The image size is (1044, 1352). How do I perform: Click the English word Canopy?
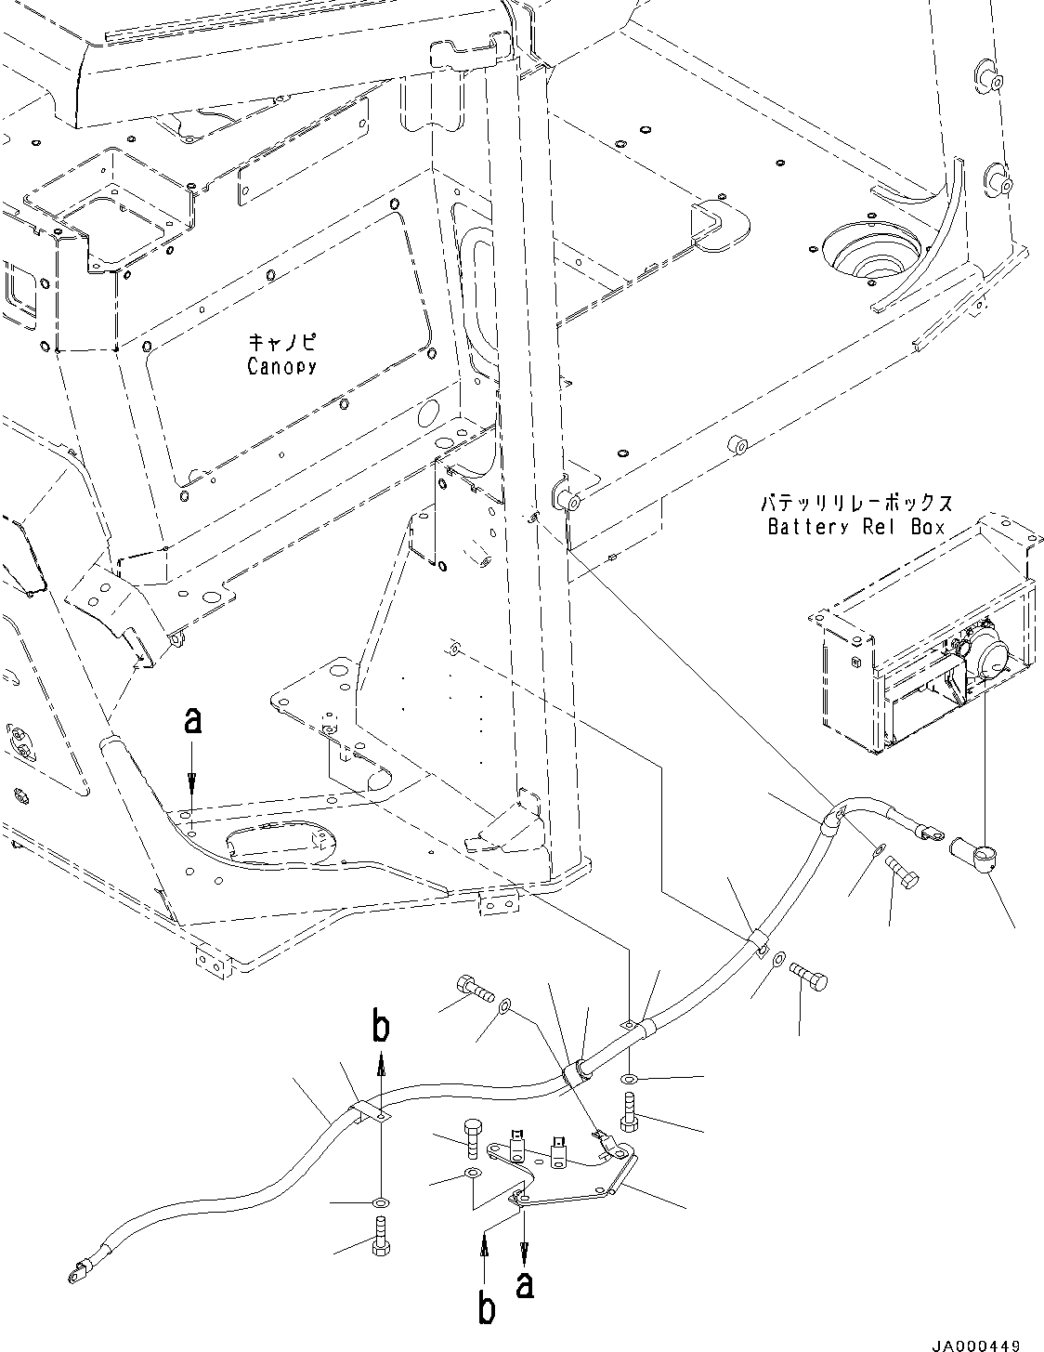[x=281, y=366]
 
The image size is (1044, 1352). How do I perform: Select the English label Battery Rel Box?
[x=855, y=527]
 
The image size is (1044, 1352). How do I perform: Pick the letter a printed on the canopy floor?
[x=191, y=721]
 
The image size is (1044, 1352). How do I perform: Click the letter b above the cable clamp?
[x=381, y=1029]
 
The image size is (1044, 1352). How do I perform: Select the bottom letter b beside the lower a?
[x=484, y=1309]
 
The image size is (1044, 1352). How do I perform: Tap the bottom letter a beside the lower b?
[x=525, y=1287]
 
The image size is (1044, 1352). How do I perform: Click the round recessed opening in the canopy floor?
[x=871, y=252]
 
